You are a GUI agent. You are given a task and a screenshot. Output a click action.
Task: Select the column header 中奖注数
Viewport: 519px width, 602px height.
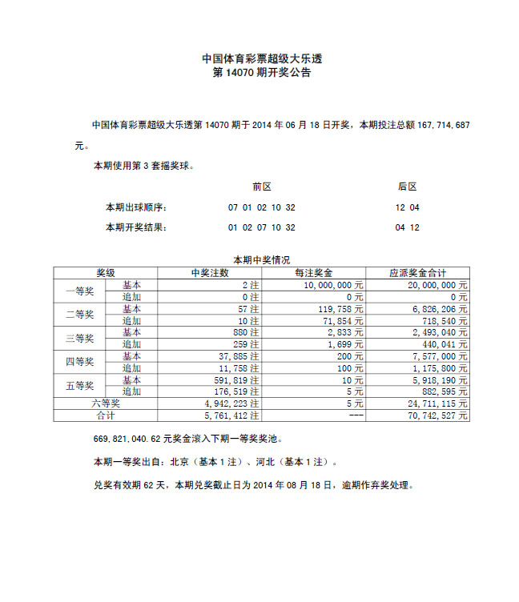(210, 273)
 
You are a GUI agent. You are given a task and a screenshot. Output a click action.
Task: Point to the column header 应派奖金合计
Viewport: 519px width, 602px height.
(417, 273)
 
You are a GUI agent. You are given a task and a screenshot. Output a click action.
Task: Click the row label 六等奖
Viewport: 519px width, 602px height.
(106, 404)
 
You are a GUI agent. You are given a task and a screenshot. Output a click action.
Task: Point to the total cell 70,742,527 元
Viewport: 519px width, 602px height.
(437, 416)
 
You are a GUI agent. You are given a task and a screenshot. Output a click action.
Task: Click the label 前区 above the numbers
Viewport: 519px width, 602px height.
(261, 187)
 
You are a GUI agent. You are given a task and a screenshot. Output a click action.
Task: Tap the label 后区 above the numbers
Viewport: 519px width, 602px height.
(407, 187)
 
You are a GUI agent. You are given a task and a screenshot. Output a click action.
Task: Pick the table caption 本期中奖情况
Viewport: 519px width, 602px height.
(261, 260)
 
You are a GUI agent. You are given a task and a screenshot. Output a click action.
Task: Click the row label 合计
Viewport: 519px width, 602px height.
(106, 416)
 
